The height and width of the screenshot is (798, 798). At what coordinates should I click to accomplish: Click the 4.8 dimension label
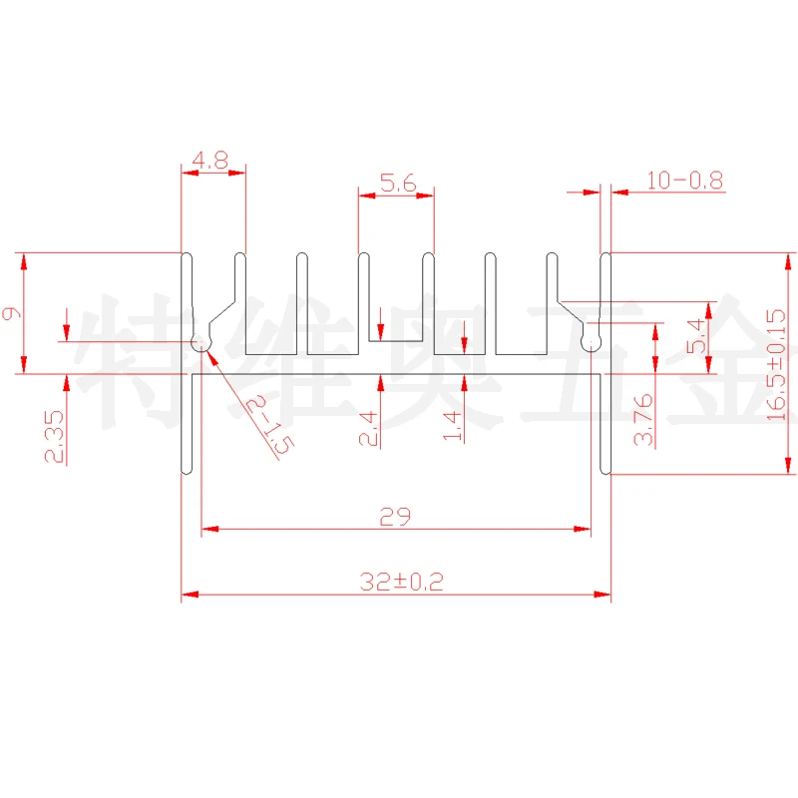click(211, 159)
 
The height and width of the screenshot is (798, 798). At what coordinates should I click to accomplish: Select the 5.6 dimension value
click(396, 183)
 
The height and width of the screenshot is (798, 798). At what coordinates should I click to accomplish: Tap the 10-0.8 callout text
click(684, 181)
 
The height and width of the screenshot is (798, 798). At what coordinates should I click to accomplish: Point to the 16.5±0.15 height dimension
click(777, 364)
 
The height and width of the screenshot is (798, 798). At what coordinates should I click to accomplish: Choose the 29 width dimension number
click(395, 517)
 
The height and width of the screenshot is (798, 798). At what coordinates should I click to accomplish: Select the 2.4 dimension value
click(368, 427)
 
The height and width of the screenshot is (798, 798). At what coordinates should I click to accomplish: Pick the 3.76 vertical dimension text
click(643, 419)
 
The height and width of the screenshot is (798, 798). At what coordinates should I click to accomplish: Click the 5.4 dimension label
click(697, 335)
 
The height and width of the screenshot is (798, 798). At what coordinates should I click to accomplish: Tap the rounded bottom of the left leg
click(186, 470)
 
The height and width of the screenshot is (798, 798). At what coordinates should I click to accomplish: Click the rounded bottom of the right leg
click(604, 470)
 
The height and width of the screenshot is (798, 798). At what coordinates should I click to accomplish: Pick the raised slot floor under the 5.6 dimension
click(396, 341)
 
